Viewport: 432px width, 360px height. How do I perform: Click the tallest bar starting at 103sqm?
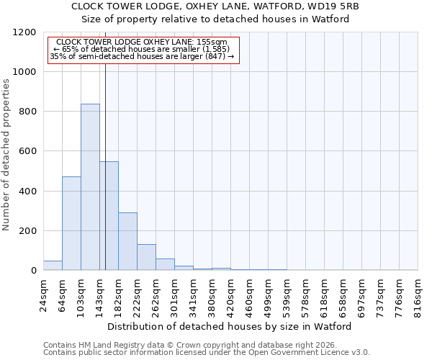90,187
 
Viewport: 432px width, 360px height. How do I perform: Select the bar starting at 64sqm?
71,223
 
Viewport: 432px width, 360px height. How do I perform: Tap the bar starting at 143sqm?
109,216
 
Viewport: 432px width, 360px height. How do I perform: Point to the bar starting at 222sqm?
146,257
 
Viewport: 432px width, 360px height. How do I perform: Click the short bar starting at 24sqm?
53,266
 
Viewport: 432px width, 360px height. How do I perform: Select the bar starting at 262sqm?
165,264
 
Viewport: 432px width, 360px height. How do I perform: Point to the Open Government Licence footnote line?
207,352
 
